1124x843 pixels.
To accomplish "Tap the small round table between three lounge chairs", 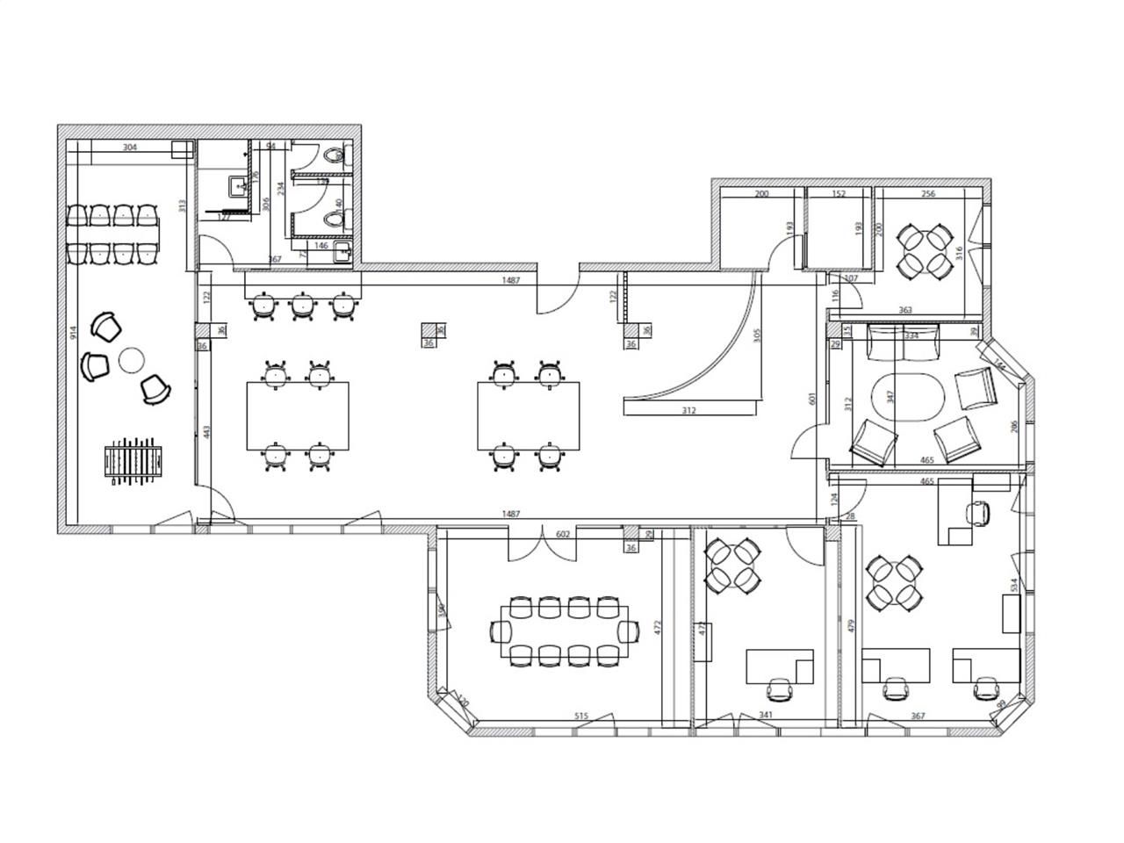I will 132,359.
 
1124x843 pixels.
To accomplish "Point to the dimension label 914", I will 75,333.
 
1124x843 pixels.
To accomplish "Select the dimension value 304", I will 129,148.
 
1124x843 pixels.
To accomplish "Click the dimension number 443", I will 206,432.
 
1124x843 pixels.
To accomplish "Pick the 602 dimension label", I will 563,534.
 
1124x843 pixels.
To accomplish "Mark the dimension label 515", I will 580,717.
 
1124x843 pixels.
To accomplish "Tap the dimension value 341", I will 765,717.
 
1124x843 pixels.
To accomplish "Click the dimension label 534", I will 1013,584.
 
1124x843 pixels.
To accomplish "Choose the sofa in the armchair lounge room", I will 903,342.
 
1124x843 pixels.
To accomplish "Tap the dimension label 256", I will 927,194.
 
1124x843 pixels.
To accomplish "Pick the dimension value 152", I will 838,194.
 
